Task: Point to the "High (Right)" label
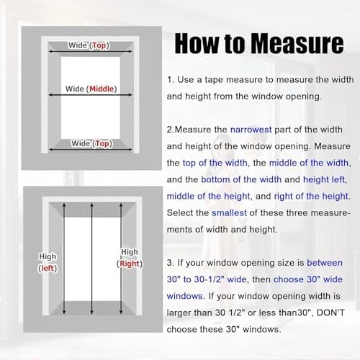click(x=130, y=258)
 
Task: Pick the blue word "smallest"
click(x=233, y=212)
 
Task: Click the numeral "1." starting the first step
click(x=171, y=80)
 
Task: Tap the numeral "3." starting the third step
click(x=171, y=263)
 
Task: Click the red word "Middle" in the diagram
click(x=104, y=89)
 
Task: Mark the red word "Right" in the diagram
click(x=130, y=264)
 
